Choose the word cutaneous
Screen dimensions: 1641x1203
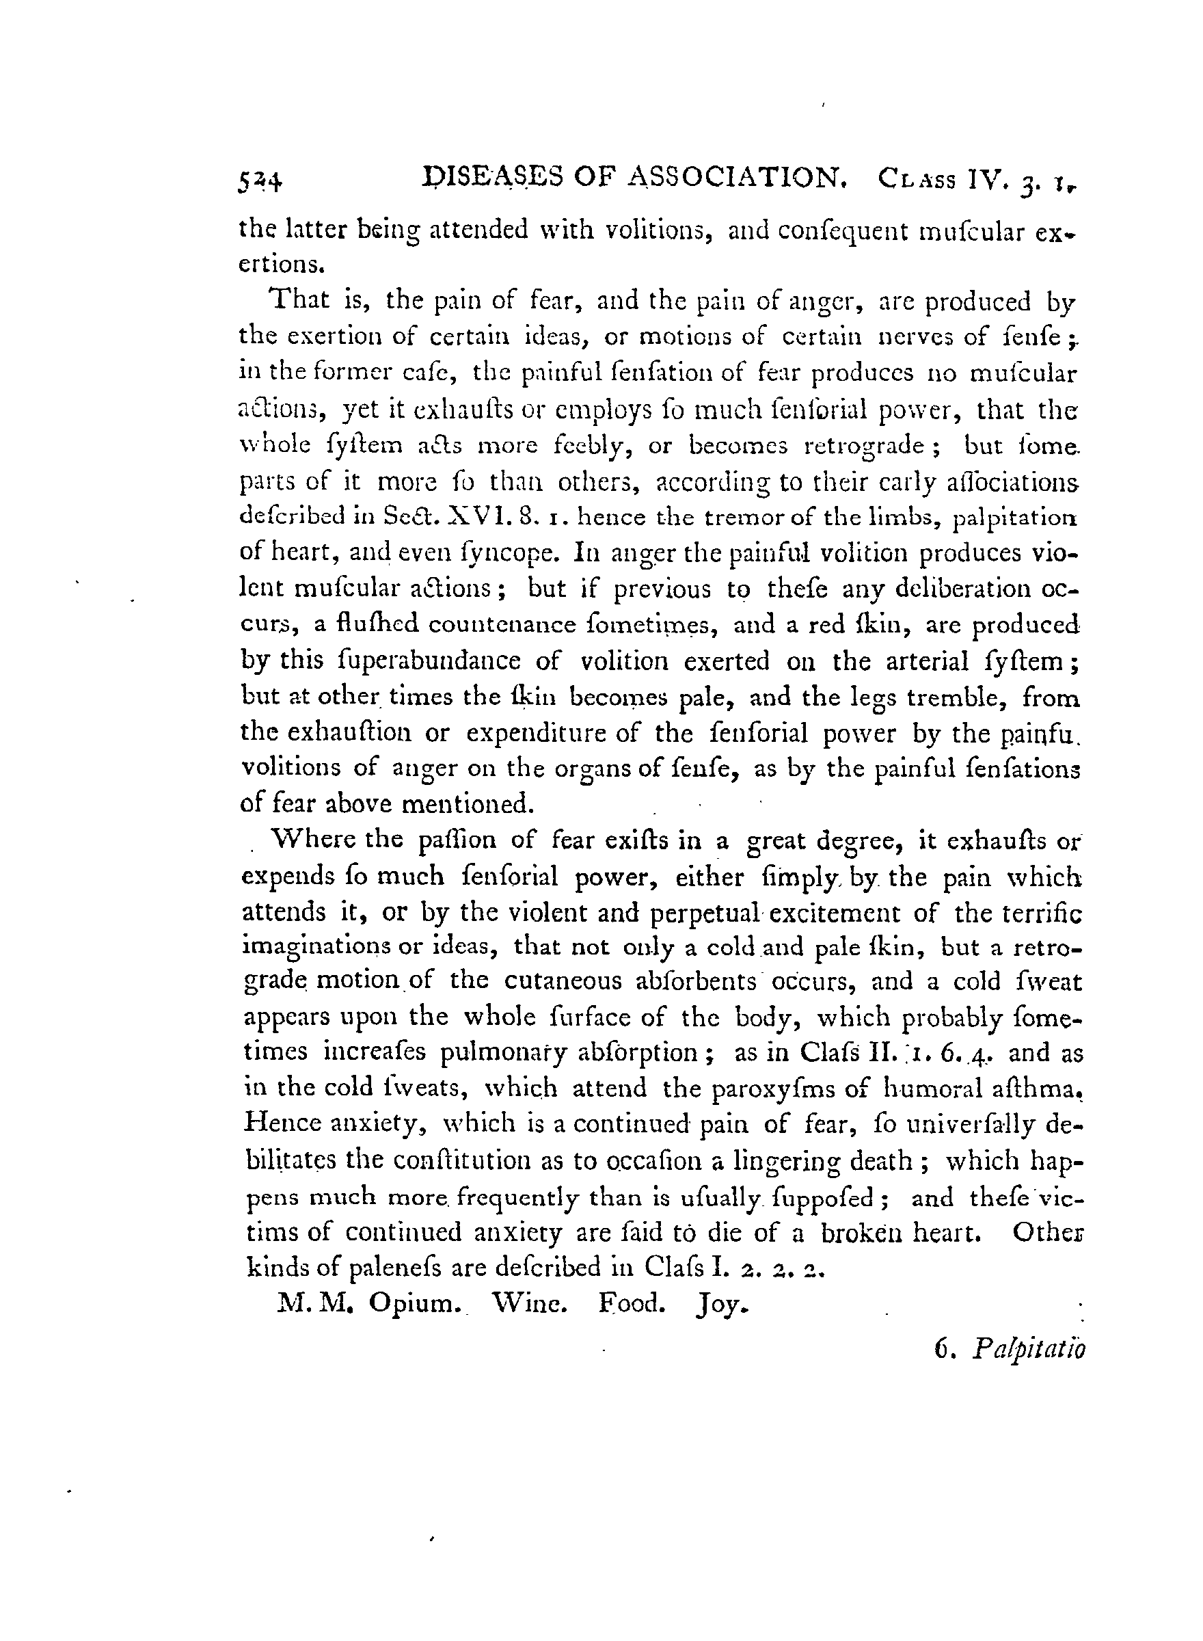[569, 982]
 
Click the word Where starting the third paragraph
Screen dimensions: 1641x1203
[314, 839]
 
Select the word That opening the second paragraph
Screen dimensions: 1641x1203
[300, 301]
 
